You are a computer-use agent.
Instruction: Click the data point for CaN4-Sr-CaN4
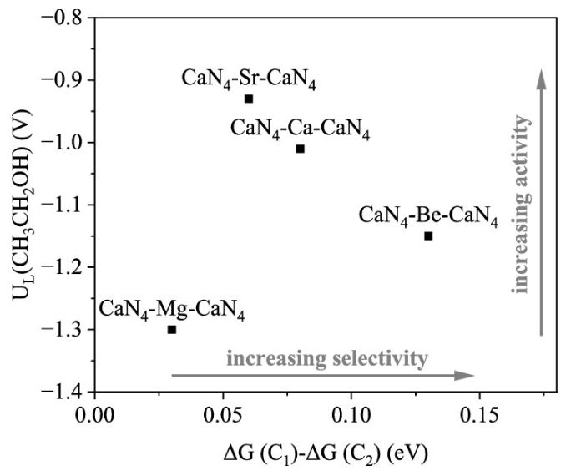pos(249,99)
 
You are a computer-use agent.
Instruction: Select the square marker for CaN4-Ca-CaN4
pos(300,149)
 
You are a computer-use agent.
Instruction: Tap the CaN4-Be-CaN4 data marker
pos(428,235)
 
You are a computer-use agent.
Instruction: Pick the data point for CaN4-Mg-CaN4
pos(172,329)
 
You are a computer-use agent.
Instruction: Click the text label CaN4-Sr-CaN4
pos(249,80)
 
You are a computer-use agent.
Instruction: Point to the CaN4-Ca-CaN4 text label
pos(300,129)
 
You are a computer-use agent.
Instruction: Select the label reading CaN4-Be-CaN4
pos(428,216)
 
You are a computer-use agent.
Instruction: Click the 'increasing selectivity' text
pos(327,359)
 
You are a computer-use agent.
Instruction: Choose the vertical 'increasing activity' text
pos(523,205)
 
